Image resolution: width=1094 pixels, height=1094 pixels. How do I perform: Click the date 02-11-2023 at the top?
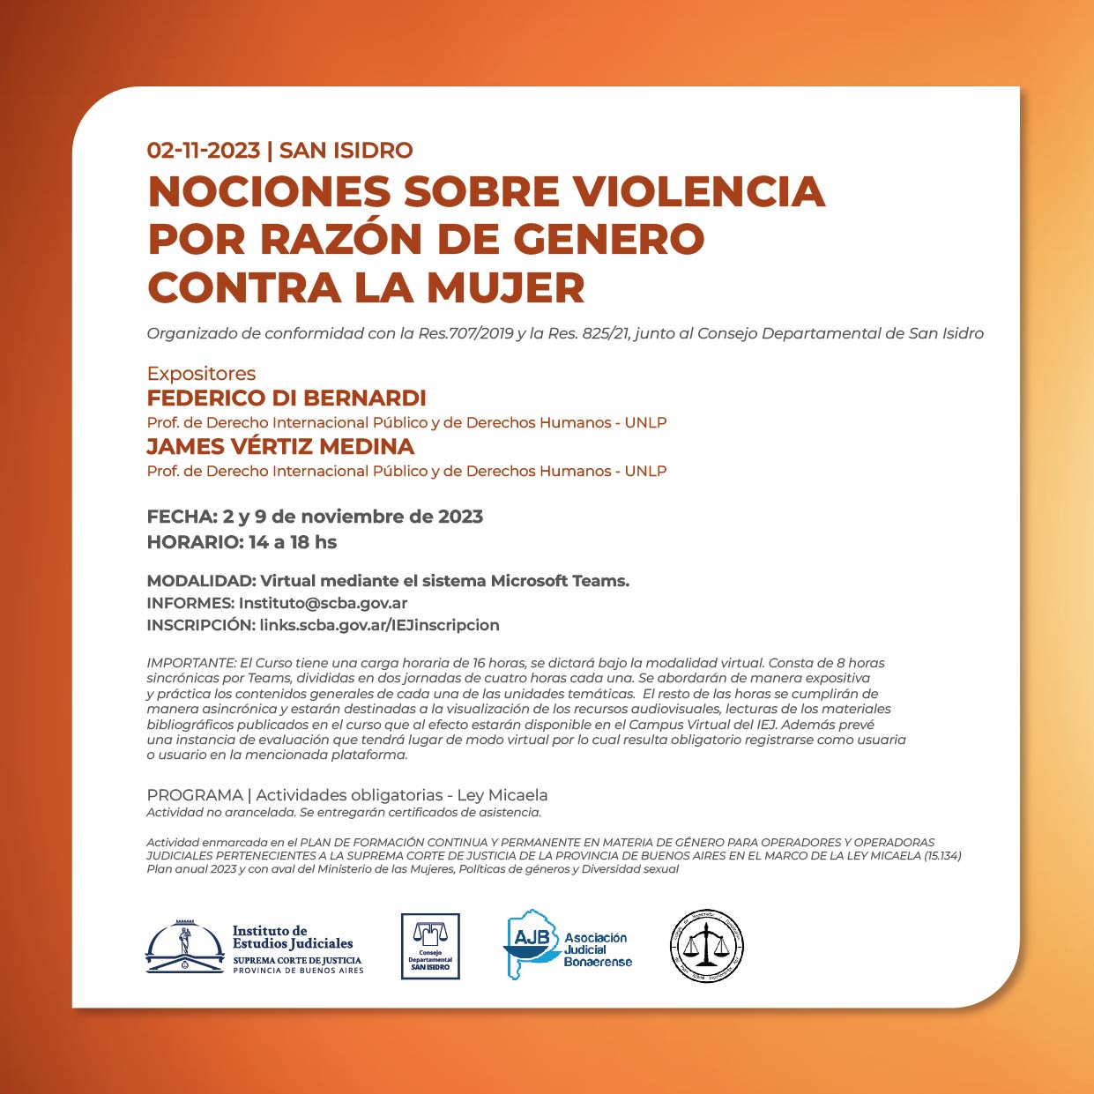click(204, 151)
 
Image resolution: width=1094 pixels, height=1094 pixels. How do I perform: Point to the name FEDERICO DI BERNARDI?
click(287, 398)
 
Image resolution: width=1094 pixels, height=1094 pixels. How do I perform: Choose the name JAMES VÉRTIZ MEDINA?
click(280, 447)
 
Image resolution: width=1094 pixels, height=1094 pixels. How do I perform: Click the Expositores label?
click(201, 374)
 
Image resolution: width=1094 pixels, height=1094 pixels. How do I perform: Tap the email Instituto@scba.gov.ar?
click(323, 604)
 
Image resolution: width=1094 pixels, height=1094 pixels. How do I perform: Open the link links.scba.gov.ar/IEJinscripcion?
click(379, 625)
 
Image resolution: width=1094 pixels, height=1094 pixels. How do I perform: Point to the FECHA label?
click(182, 517)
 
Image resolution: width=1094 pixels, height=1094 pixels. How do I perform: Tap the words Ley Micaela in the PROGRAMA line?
click(502, 795)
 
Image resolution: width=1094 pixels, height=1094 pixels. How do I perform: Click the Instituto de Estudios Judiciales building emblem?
click(185, 948)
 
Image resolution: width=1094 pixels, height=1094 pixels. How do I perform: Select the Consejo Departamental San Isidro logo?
click(430, 947)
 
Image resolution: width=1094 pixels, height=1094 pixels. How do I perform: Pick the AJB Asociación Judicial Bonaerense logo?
click(569, 945)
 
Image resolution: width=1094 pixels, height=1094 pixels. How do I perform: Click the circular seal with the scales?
click(707, 946)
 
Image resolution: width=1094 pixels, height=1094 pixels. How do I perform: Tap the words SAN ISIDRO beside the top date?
click(346, 151)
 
